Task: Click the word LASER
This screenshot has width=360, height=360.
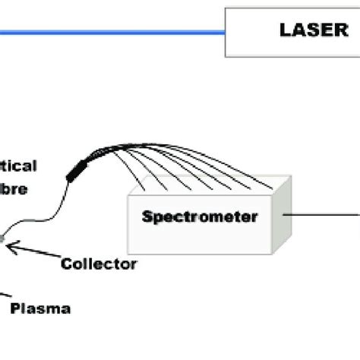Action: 311,30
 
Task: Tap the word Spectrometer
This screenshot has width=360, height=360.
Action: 200,216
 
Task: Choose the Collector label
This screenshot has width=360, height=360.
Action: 99,264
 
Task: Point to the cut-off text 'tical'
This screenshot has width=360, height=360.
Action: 18,165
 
